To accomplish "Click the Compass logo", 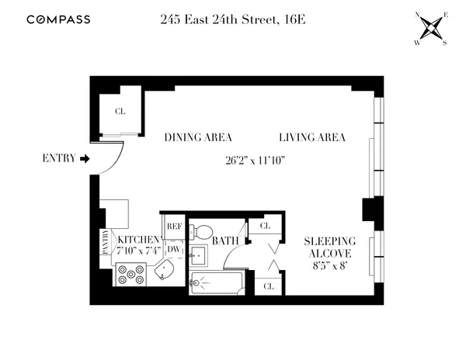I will [x=59, y=19].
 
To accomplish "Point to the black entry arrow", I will [x=85, y=159].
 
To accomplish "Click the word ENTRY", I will [x=57, y=159].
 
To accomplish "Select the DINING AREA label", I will [x=199, y=137].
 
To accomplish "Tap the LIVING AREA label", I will [x=311, y=137].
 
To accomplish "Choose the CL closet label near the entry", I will [x=120, y=112].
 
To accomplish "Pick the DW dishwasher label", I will [x=174, y=249].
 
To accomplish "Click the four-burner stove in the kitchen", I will [x=130, y=273].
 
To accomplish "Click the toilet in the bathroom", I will [x=203, y=231].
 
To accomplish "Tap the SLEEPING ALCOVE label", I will [x=329, y=247].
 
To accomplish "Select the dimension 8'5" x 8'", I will [x=329, y=265].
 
